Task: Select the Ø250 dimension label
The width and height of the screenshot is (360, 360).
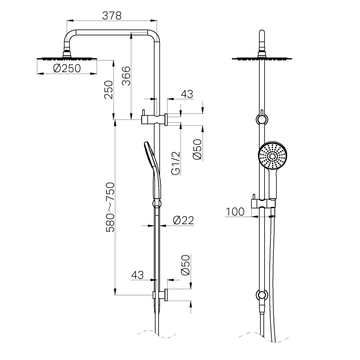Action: coord(66,69)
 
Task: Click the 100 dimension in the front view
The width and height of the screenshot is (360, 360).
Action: coord(235,211)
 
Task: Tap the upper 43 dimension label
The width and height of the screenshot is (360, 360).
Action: coord(187,94)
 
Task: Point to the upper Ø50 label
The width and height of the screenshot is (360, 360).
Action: coord(197,150)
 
